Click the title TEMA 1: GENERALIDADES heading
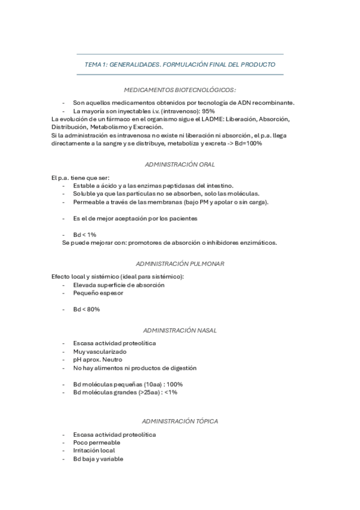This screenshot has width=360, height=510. (180, 64)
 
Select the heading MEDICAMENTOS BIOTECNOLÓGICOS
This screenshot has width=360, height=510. (180, 89)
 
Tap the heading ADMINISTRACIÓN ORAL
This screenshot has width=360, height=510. (180, 164)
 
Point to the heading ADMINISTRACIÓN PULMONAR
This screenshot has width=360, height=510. (180, 263)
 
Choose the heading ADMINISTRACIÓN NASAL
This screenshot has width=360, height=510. (180, 330)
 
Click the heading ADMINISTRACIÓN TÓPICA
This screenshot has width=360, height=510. (180, 421)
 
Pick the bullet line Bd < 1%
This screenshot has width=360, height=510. (85, 234)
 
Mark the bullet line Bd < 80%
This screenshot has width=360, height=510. (87, 309)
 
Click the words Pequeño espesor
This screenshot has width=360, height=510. (98, 293)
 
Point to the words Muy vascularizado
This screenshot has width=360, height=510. (100, 351)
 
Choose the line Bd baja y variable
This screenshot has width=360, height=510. (98, 458)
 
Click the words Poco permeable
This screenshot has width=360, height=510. (96, 442)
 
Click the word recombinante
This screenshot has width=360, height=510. (273, 102)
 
